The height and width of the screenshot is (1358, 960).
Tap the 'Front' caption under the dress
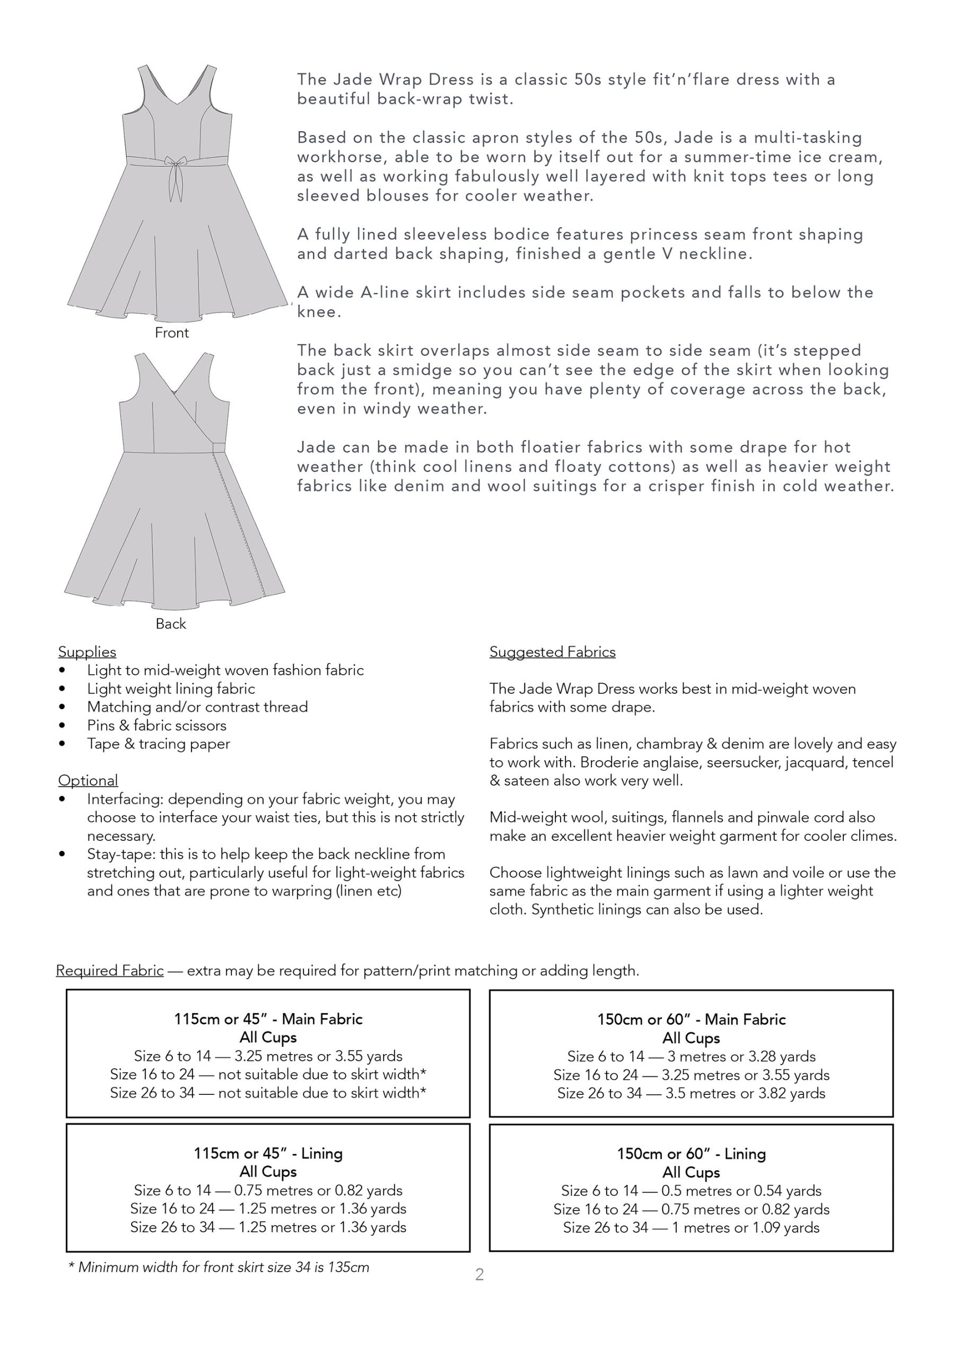coord(171,333)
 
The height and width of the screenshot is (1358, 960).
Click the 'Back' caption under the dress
coord(171,624)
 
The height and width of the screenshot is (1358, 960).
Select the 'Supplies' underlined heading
coord(87,652)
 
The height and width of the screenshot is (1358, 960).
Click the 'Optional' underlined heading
coord(88,780)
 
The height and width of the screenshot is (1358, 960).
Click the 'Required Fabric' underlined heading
coord(110,971)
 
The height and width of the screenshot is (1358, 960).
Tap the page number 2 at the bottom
coord(479,1275)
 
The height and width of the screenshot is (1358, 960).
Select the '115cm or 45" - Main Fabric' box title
coord(268,1019)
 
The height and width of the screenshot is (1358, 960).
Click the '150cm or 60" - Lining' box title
coord(691,1153)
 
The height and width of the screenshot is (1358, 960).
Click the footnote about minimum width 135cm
coord(219,1267)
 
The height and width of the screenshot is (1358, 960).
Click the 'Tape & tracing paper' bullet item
coord(158,744)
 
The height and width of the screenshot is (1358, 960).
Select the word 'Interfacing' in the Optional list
coord(124,799)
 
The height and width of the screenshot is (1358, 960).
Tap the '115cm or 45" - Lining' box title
coord(268,1153)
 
